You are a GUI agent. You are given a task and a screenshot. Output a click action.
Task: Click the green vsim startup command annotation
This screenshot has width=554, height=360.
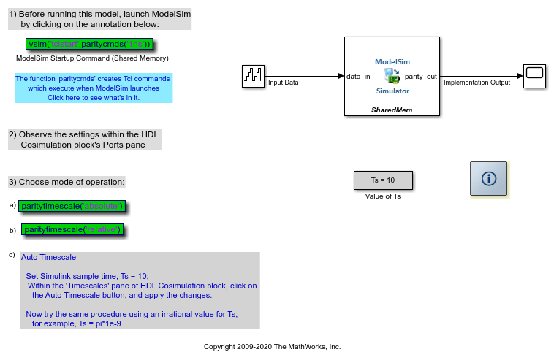(x=88, y=44)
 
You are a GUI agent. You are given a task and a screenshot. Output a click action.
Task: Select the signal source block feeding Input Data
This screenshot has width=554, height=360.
(x=253, y=76)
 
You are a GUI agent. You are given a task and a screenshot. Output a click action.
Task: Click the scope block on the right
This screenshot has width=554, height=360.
(x=534, y=76)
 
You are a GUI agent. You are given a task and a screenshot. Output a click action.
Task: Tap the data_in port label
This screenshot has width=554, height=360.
(x=358, y=76)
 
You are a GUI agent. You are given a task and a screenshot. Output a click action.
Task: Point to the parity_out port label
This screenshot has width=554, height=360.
(x=420, y=76)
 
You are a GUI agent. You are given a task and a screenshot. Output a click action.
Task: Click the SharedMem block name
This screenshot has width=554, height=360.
(x=392, y=109)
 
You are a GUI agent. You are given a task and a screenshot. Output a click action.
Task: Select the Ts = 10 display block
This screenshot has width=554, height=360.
(x=383, y=180)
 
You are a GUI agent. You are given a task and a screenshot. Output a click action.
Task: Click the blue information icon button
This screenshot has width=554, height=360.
(x=488, y=179)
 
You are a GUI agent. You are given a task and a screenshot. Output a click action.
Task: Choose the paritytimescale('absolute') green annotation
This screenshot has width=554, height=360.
(x=72, y=207)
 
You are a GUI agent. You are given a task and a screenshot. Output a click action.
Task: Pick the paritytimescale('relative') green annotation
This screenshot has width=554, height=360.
(x=72, y=230)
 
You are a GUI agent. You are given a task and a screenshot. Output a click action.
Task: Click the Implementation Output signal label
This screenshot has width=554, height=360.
(x=477, y=83)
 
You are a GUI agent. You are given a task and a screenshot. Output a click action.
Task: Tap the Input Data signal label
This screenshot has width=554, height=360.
(x=284, y=83)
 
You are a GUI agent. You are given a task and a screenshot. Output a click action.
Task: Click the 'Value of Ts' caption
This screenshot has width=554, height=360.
(x=383, y=196)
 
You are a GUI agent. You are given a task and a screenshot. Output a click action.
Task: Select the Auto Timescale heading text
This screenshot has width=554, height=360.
(x=48, y=257)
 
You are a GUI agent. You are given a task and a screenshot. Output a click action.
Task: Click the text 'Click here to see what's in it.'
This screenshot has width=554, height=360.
(x=94, y=97)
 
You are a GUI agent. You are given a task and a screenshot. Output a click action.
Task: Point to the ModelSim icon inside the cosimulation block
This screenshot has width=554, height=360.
(x=392, y=76)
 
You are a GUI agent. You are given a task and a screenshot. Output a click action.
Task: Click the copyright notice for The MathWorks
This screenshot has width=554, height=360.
(x=272, y=347)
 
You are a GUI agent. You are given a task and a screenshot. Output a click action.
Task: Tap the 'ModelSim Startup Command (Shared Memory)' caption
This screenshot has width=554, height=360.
(x=92, y=58)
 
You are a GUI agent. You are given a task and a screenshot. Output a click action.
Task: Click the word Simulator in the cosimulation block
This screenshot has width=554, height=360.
(x=392, y=91)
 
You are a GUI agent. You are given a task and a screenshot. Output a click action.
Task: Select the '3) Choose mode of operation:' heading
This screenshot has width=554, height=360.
(x=67, y=182)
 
